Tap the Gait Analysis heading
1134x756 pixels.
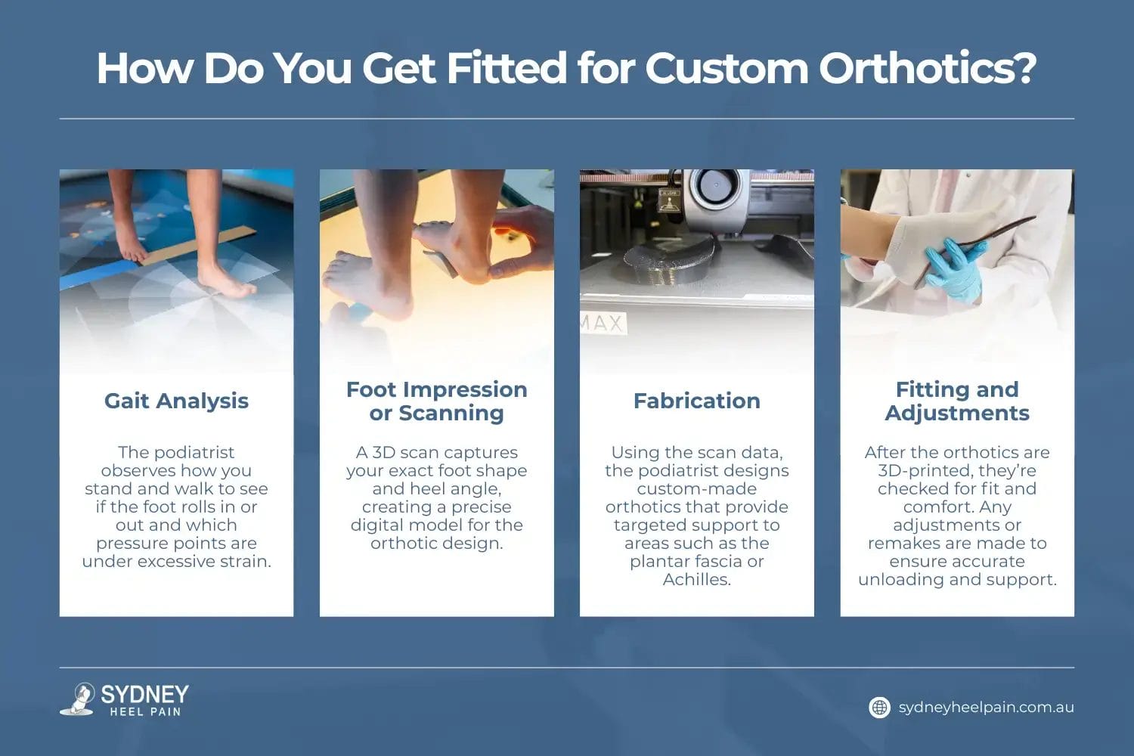(x=176, y=401)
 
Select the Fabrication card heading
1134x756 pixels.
(x=696, y=401)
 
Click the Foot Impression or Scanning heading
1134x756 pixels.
(x=436, y=401)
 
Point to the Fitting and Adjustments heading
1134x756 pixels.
(x=957, y=401)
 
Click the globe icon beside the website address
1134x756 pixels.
(x=879, y=708)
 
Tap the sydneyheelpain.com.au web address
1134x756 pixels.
(x=986, y=708)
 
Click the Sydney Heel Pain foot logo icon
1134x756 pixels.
(x=79, y=699)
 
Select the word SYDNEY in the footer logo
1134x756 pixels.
(x=145, y=694)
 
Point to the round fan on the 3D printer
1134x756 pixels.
(x=715, y=186)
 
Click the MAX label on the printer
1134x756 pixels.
(x=603, y=323)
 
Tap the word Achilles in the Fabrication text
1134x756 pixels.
(x=696, y=579)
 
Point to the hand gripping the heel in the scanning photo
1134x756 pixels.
(x=521, y=243)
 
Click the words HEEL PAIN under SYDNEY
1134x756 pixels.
(x=145, y=711)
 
